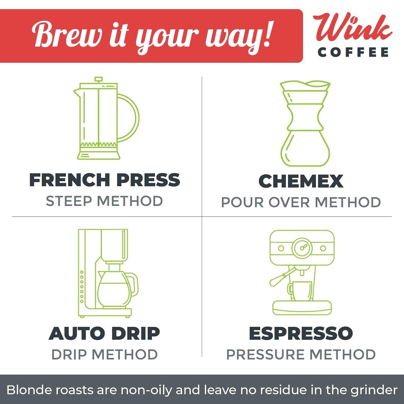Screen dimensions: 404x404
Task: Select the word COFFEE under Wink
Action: coord(353,52)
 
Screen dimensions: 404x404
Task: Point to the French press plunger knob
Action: coord(98,79)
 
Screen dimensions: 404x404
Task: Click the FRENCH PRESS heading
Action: coord(105,180)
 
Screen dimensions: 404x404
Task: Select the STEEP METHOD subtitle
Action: coord(104,201)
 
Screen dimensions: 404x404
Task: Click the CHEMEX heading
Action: coord(301,181)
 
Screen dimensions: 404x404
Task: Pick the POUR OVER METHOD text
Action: coord(301,202)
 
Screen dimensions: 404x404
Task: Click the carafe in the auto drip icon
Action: coord(117,288)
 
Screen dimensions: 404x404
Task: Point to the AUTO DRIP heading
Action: coord(104,333)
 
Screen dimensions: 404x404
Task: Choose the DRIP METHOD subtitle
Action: coord(105,354)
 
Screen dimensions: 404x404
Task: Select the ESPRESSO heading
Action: coord(301,333)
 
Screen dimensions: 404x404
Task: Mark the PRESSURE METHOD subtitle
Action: coord(301,354)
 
